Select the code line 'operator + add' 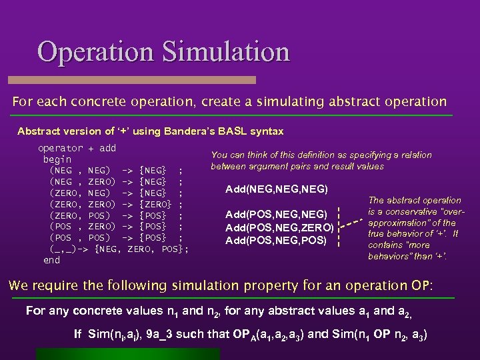pos(77,148)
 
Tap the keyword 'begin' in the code pos(57,159)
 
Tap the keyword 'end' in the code pos(51,260)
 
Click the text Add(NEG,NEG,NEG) pos(277,189)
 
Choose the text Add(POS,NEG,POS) pos(277,239)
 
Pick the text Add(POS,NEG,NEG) pos(277,215)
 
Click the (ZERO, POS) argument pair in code pos(80,215)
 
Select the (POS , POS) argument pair pos(80,238)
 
